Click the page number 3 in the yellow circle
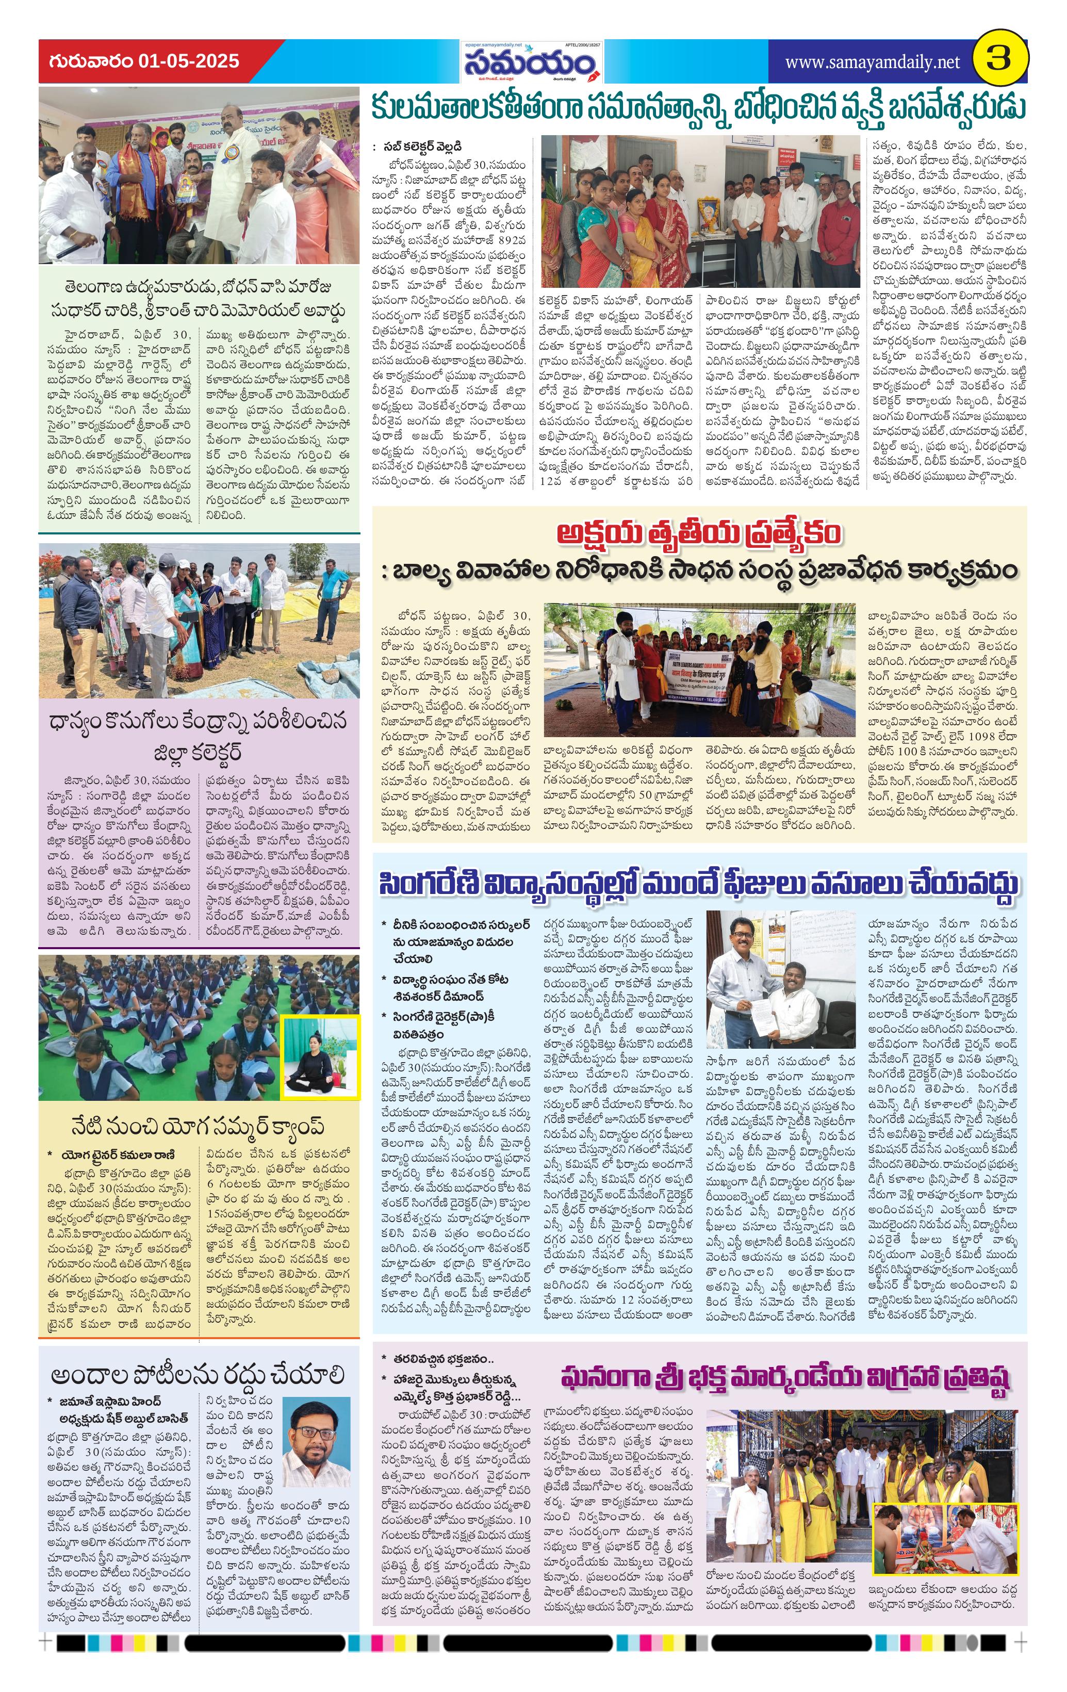tap(998, 60)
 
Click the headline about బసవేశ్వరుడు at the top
tap(698, 109)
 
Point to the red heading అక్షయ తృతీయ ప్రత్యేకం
tap(698, 533)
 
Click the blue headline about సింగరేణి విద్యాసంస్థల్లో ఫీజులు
tap(698, 884)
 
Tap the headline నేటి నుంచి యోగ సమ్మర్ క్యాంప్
tap(198, 1126)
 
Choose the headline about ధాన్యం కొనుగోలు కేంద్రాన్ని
tap(198, 737)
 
